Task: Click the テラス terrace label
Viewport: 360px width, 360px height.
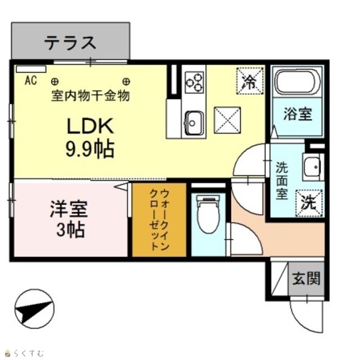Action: [70, 43]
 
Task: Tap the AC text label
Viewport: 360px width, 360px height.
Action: [31, 80]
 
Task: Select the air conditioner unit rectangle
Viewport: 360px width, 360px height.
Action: [31, 69]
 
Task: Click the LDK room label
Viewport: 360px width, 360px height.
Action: [90, 126]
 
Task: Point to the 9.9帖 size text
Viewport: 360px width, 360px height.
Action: [90, 148]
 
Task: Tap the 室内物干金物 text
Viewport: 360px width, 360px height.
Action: [91, 96]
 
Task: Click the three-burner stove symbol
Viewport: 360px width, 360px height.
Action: [194, 82]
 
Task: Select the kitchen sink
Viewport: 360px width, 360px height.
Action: [193, 123]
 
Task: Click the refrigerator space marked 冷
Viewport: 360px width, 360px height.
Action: [250, 80]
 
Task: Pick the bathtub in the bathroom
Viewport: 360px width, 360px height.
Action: [298, 82]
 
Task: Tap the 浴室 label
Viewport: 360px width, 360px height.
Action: [298, 114]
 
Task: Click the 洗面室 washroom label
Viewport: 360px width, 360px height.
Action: [282, 181]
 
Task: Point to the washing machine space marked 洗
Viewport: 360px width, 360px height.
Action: [309, 203]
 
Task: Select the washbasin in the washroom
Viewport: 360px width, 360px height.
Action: [312, 166]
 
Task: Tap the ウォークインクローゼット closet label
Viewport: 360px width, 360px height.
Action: [159, 220]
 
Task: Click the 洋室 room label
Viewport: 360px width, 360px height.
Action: [69, 209]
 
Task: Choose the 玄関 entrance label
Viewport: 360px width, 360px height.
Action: [306, 278]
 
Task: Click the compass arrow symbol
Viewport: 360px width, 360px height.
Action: [34, 309]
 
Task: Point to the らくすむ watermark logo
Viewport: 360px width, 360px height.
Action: [25, 353]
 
